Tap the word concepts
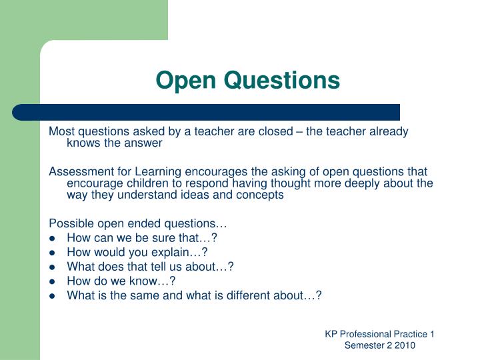[x=261, y=195]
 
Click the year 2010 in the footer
[x=404, y=345]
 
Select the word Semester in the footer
[x=364, y=345]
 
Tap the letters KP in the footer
[x=331, y=334]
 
